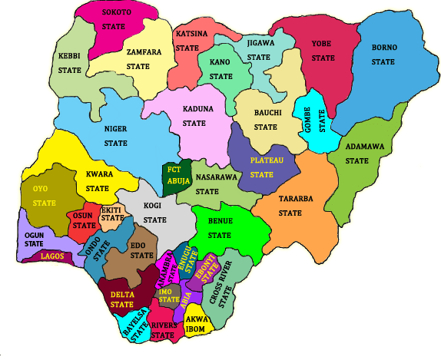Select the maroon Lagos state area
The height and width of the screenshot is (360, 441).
(x=50, y=256)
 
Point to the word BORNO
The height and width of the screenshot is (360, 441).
(x=384, y=47)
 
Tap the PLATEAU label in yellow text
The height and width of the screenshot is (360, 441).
(x=267, y=160)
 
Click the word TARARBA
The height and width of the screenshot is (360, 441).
(x=295, y=198)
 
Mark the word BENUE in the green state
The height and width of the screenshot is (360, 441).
(x=220, y=220)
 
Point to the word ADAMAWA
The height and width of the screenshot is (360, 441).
(x=362, y=146)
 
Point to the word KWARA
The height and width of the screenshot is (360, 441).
(x=100, y=173)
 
